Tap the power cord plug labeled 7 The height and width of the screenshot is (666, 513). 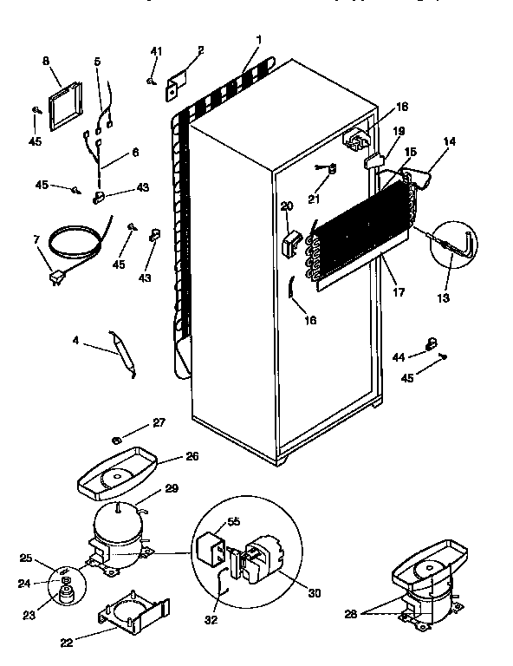[x=57, y=277]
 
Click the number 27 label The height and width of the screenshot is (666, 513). [x=158, y=423]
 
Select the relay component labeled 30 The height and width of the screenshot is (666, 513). [x=261, y=560]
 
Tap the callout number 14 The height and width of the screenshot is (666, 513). [x=449, y=140]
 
